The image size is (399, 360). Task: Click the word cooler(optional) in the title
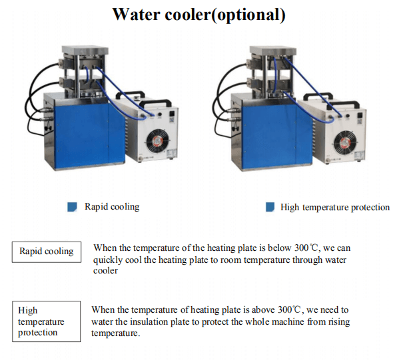pos(225,15)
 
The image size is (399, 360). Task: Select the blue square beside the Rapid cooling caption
pos(72,207)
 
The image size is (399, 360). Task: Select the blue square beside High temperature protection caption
pos(270,207)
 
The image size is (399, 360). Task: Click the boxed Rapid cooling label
pos(47,252)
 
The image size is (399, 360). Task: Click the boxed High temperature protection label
pos(47,321)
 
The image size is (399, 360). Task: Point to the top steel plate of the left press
pos(85,50)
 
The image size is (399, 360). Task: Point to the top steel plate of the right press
pos(273,51)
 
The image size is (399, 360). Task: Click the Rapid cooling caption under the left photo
pos(112,207)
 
